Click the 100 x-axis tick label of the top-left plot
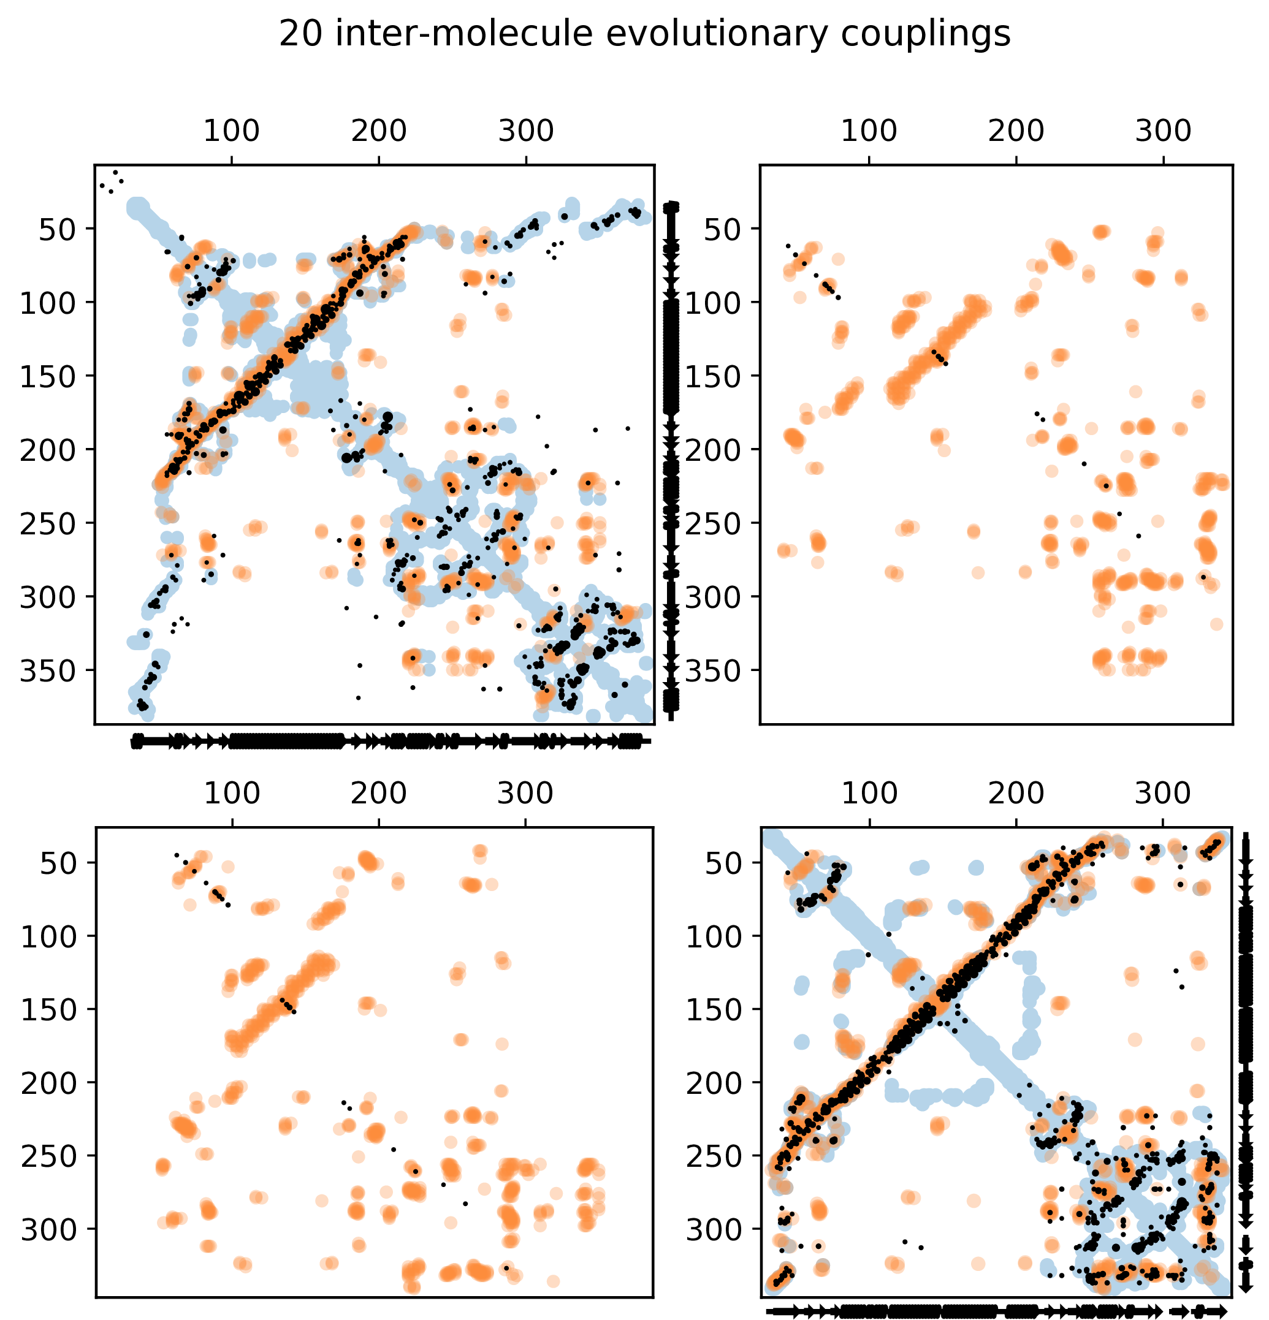coord(232,131)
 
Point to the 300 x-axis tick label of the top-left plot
coord(526,131)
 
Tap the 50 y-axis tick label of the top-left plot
coord(57,230)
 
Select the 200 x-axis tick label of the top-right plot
coord(1016,131)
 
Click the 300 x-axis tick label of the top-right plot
coord(1164,131)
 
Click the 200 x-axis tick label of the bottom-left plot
coord(378,794)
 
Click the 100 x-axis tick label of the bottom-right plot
coord(869,794)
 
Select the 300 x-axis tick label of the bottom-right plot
coord(1164,794)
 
